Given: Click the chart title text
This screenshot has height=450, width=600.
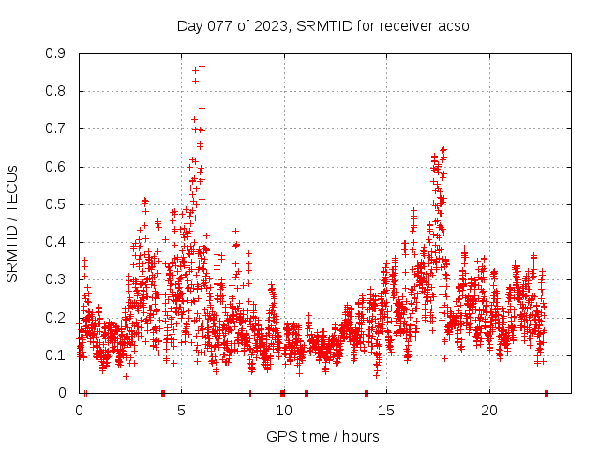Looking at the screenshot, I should tap(322, 25).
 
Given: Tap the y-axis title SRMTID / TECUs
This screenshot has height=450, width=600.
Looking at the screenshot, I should tap(12, 224).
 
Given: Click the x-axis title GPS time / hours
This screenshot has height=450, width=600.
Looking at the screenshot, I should tap(322, 436).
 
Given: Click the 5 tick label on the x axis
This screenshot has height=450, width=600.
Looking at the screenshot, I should tap(182, 411).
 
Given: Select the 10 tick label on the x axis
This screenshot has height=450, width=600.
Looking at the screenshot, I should tap(284, 411).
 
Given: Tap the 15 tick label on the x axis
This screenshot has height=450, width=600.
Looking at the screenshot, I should tap(387, 411).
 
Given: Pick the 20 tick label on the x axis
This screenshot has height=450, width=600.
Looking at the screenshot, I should tap(489, 411).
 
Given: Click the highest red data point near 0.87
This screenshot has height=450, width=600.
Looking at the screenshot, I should tap(202, 66).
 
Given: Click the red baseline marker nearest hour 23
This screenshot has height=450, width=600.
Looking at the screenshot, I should tap(547, 392).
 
